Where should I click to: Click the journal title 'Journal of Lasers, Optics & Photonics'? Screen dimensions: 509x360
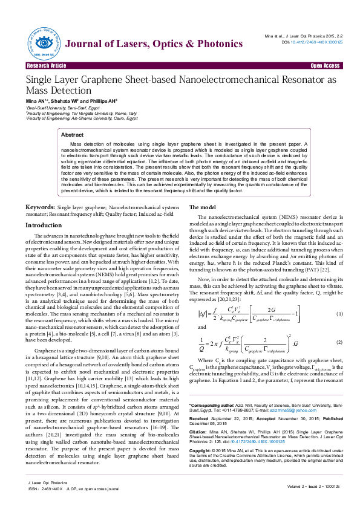coord(146,44)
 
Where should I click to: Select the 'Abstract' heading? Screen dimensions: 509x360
coord(73,135)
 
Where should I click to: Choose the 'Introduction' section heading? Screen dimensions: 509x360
coord(43,225)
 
